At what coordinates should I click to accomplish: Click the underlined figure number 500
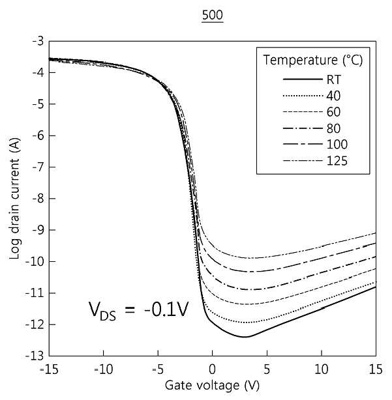point(213,15)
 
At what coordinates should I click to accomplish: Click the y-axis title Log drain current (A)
point(14,198)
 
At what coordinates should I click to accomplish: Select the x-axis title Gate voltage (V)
point(212,386)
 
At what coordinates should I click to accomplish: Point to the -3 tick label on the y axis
point(38,41)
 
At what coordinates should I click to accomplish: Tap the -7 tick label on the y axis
point(38,167)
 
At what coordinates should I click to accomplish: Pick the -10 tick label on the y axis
point(35,261)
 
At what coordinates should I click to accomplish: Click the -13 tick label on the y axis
point(35,356)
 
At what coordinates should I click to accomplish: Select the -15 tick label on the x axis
point(49,369)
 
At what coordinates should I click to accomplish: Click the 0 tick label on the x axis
point(213,369)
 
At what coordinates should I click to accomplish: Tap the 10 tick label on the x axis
point(322,369)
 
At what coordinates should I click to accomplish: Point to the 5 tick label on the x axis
point(267,369)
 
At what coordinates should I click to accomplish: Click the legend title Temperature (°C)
point(313,61)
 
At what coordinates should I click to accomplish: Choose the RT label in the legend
point(334,80)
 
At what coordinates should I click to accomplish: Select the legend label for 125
point(337,161)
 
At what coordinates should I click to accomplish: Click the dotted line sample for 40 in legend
point(303,96)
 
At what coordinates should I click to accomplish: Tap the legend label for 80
point(333,128)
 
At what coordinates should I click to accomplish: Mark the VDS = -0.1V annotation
point(139,311)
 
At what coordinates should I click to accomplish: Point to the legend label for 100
point(337,145)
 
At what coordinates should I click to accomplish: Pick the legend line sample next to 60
point(303,112)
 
